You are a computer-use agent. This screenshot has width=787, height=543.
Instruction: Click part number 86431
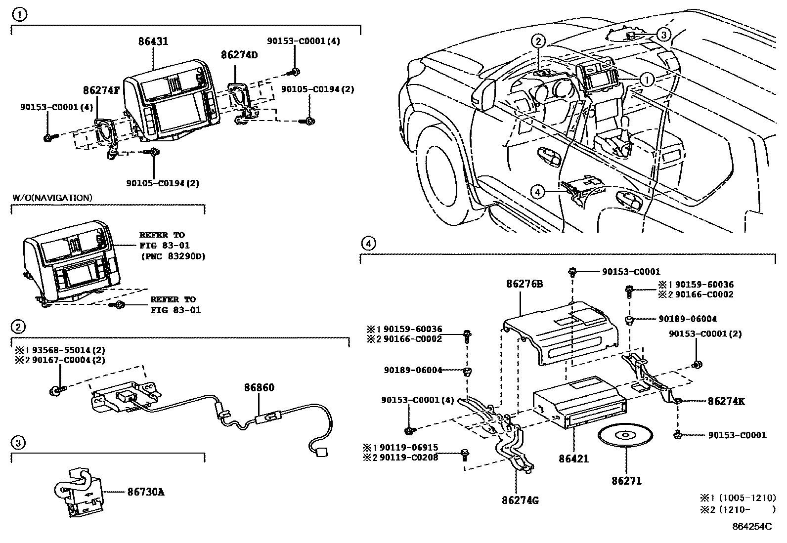point(153,42)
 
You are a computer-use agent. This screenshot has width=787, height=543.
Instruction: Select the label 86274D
point(239,55)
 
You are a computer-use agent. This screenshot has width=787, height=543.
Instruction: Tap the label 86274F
point(101,90)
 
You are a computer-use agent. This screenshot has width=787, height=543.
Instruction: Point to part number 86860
point(259,388)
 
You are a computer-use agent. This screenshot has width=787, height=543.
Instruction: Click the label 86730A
point(146,492)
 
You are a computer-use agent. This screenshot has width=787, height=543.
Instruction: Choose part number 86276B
point(525,284)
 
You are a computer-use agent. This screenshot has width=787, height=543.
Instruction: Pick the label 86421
point(574,459)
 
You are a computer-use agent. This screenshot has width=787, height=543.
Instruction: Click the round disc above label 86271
point(625,436)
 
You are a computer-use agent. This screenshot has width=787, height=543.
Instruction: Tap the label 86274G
point(520,501)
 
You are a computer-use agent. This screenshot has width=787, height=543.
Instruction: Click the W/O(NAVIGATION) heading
point(52,198)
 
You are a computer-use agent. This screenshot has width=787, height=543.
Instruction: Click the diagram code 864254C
point(751,527)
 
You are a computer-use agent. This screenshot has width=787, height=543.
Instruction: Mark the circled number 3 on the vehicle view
point(664,34)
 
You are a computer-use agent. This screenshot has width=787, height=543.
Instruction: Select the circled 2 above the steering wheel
point(538,42)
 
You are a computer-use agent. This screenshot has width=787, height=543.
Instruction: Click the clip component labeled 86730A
point(79,492)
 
